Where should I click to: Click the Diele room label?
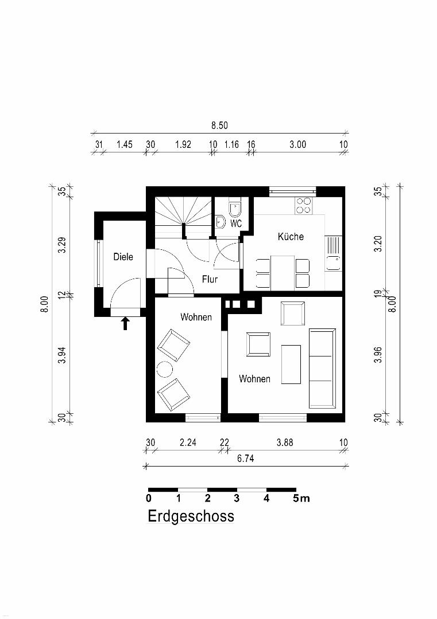[x=123, y=257]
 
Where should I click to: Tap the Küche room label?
[x=291, y=237]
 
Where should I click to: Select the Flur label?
[x=210, y=280]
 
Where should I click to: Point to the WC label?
[x=236, y=224]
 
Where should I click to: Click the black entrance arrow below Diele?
[x=125, y=323]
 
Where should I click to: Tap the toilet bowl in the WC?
[x=234, y=209]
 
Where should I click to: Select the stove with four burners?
[x=304, y=205]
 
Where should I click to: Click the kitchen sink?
[x=334, y=253]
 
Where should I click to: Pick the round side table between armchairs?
[x=164, y=370]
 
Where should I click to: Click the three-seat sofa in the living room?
[x=322, y=369]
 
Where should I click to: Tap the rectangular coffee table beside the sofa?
[x=291, y=364]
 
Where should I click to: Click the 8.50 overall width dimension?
[x=219, y=126]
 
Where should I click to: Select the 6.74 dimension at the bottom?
[x=245, y=459]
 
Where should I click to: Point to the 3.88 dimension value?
[x=285, y=442]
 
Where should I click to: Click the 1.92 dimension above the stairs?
[x=183, y=144]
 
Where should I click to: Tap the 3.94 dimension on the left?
[x=61, y=356]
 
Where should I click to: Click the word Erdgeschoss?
[x=191, y=516]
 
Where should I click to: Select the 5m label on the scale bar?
[x=301, y=499]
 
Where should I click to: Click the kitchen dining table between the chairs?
[x=283, y=272]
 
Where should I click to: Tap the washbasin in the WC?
[x=221, y=222]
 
